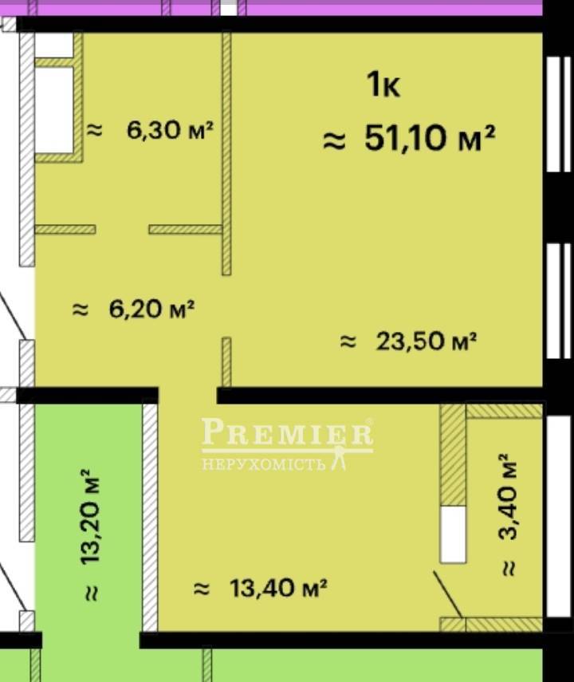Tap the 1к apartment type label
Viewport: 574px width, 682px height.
[383, 85]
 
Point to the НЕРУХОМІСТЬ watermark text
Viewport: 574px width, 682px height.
[264, 464]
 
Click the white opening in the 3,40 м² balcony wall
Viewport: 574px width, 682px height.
[453, 534]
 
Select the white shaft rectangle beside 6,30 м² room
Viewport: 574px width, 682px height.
[54, 109]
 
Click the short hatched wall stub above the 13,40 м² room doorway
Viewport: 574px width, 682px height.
[226, 362]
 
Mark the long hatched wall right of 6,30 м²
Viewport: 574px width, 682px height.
[226, 154]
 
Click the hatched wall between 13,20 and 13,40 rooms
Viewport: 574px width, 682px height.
[150, 518]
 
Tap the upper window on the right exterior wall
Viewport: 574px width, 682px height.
[558, 114]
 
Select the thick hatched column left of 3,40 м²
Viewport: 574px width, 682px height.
[453, 455]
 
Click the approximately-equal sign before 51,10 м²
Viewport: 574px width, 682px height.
[334, 141]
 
